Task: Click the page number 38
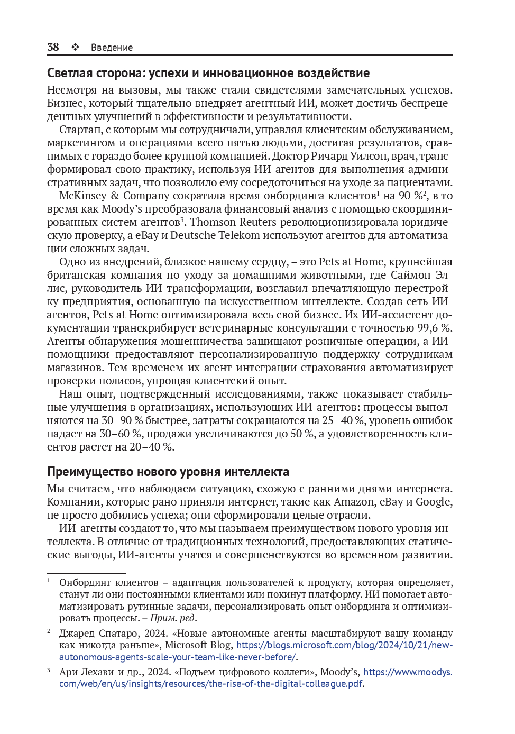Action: tap(53, 47)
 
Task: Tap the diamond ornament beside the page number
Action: tap(75, 47)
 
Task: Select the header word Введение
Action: tap(112, 48)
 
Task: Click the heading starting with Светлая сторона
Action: tap(208, 73)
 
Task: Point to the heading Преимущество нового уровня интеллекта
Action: tap(168, 472)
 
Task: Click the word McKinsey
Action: tap(82, 196)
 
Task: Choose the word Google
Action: tap(434, 502)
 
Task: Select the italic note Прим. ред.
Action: tap(173, 618)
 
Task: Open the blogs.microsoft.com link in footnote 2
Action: tap(344, 645)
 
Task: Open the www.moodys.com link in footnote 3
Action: tap(408, 672)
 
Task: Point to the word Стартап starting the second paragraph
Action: tap(80, 130)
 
